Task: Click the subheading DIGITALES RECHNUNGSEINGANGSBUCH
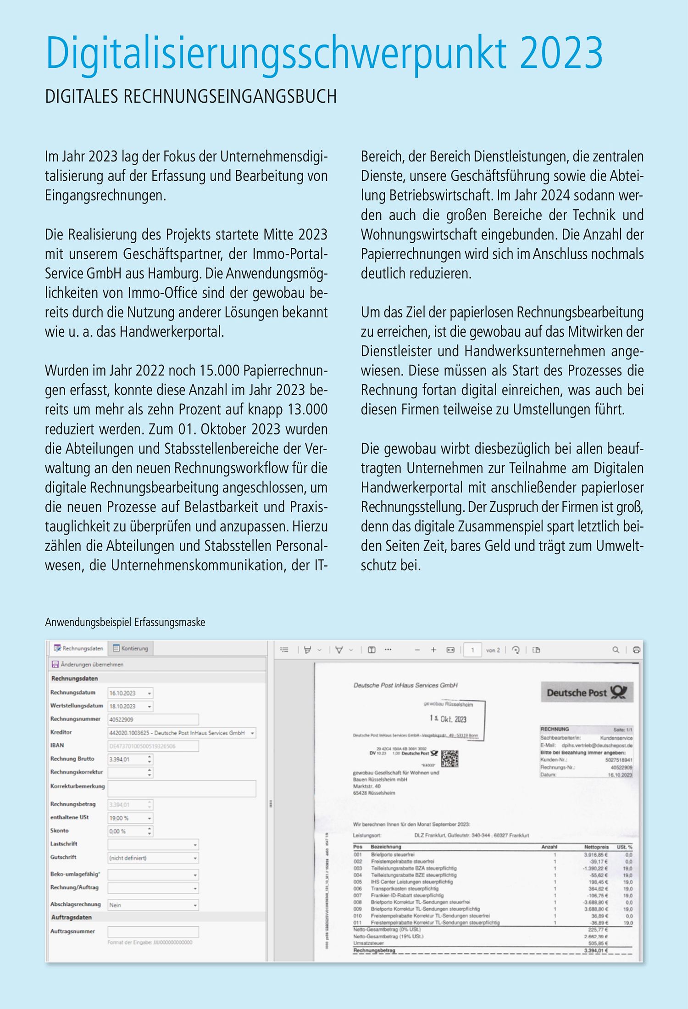coord(191,97)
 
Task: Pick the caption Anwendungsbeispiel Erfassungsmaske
coord(125,623)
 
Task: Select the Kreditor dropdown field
coord(182,733)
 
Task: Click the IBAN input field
coord(153,746)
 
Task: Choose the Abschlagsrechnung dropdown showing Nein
coord(153,905)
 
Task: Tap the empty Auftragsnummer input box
coord(153,931)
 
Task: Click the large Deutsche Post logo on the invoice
coord(587,692)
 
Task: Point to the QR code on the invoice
coord(449,759)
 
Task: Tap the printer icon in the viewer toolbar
coord(636,650)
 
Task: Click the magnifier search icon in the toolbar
coord(616,650)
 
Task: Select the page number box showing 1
coord(472,650)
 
